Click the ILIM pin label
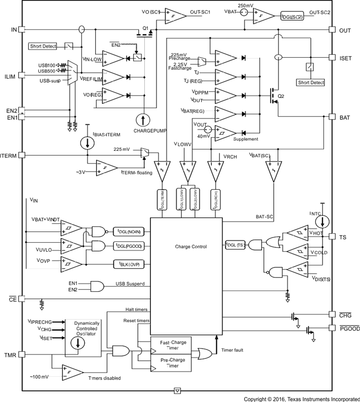click(x=10, y=75)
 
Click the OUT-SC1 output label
click(x=201, y=13)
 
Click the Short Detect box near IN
click(x=43, y=46)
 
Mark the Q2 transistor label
click(x=281, y=97)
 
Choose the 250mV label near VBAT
click(x=246, y=5)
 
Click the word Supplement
click(x=246, y=139)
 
